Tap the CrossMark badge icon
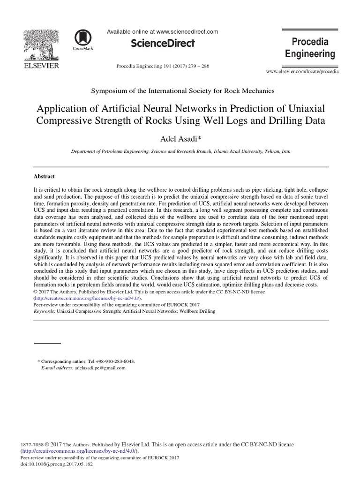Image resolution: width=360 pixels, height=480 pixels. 82,38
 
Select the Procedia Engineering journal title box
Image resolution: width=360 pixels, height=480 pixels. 310,48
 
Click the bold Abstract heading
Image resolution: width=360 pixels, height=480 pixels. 45,177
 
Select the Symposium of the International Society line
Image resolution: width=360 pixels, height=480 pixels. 180,91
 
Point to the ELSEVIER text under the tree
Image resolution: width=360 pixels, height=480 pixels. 41,66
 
